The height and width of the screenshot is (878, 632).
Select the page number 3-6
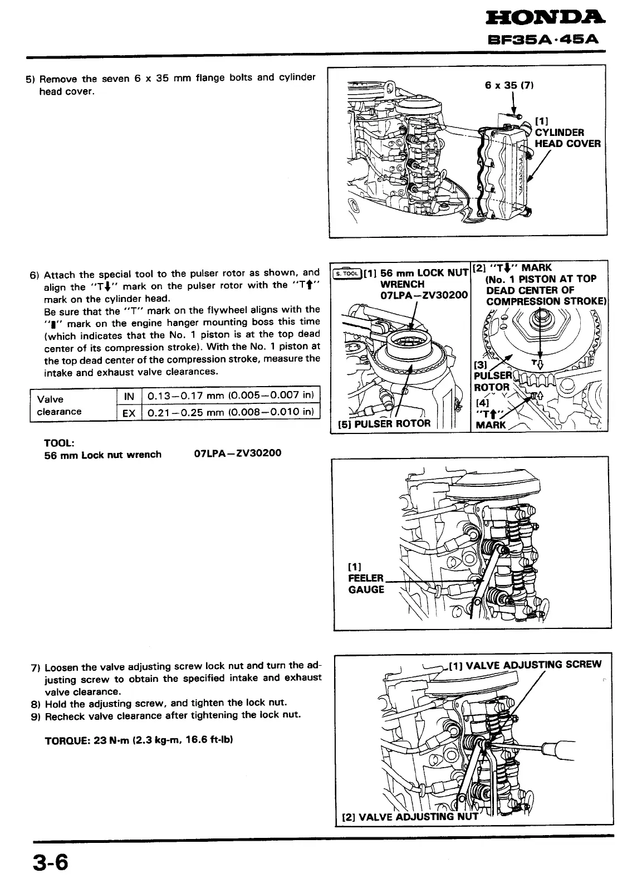(50, 863)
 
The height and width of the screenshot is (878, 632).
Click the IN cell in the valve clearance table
(129, 396)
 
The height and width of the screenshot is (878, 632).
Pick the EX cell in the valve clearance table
(129, 412)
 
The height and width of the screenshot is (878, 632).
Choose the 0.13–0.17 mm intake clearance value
(231, 396)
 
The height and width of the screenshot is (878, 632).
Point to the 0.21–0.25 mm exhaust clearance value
(231, 412)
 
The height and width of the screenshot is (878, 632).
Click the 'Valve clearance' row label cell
(58, 405)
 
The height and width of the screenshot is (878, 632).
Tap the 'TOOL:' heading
(58, 442)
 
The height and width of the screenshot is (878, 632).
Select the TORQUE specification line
(138, 740)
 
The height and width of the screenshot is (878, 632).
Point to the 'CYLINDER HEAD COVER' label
(567, 138)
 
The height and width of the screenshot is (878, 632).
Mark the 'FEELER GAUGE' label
(366, 583)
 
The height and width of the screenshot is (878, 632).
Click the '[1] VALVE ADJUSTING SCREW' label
(525, 664)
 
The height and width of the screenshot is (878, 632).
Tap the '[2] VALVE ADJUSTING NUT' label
(409, 817)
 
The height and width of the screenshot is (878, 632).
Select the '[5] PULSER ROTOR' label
(384, 423)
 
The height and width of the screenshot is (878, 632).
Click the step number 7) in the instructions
(35, 667)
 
